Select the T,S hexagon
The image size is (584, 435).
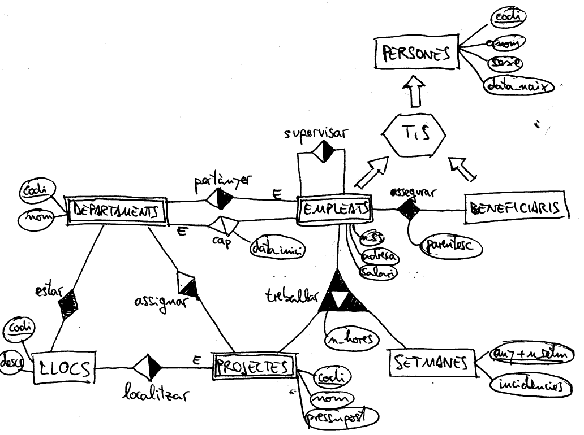coord(415,133)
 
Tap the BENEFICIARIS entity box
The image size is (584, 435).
coord(516,208)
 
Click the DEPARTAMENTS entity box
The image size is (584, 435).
coord(116,211)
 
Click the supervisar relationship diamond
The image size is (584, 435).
coord(321,151)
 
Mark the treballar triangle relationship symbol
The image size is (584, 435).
coord(341,294)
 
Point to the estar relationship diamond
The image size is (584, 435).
coord(68,304)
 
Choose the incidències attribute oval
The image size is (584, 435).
coord(530,386)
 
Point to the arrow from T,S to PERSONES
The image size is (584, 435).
coord(416,92)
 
